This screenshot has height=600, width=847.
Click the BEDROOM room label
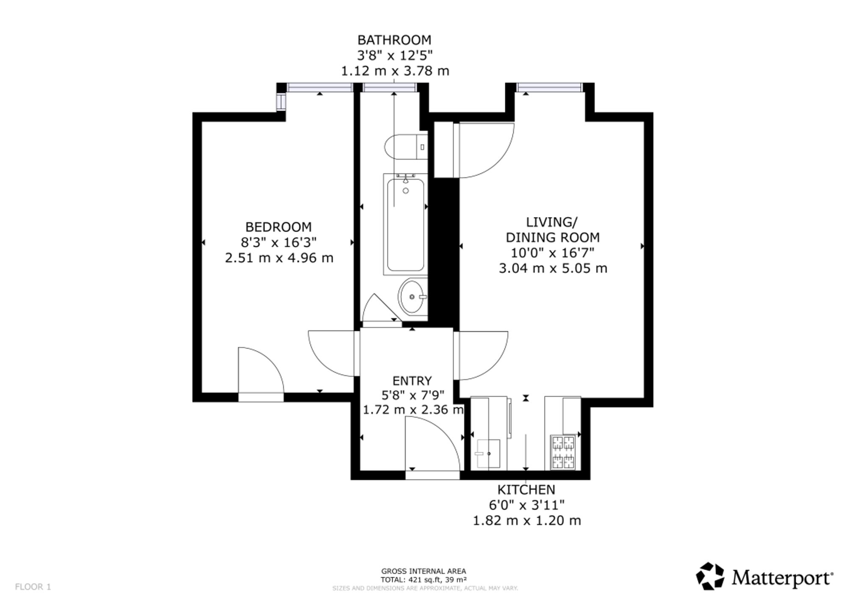click(278, 227)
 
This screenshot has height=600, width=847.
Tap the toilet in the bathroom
click(406, 147)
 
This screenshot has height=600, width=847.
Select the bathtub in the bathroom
click(405, 224)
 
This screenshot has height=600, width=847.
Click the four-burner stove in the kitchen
click(562, 452)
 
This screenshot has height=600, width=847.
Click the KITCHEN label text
click(526, 490)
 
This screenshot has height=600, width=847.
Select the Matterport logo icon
click(710, 576)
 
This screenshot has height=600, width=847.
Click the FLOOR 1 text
click(33, 587)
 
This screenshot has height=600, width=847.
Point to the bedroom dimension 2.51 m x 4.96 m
click(279, 257)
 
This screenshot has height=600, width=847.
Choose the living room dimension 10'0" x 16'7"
click(553, 253)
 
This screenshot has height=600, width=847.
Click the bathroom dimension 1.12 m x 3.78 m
click(395, 71)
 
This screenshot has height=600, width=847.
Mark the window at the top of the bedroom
click(320, 88)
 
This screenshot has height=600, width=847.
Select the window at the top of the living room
click(549, 88)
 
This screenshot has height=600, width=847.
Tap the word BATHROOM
click(394, 40)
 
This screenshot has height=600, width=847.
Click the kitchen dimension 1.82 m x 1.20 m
click(527, 520)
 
